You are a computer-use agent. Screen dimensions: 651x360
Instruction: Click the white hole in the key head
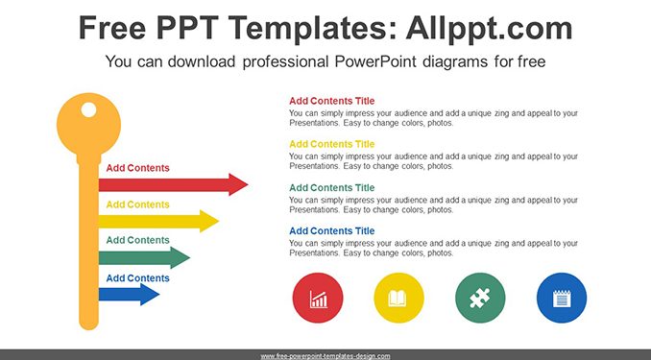pyautogui.click(x=88, y=109)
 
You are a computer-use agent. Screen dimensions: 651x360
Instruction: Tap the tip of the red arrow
pyautogui.click(x=248, y=184)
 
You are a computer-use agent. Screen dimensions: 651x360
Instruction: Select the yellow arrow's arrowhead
pyautogui.click(x=208, y=221)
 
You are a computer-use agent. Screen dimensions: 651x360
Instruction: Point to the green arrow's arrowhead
pyautogui.click(x=180, y=257)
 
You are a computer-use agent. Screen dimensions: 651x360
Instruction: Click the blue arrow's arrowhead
pyautogui.click(x=150, y=295)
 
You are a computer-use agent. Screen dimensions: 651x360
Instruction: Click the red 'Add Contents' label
pyautogui.click(x=138, y=168)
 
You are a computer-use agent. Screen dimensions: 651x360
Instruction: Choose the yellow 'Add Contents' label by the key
pyautogui.click(x=138, y=204)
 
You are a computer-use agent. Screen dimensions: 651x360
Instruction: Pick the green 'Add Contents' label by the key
pyautogui.click(x=138, y=240)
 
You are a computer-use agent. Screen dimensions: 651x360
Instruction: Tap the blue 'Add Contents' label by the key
pyautogui.click(x=138, y=277)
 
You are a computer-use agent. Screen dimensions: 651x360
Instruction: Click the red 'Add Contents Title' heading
pyautogui.click(x=331, y=101)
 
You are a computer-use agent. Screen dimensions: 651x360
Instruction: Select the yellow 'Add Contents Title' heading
pyautogui.click(x=331, y=144)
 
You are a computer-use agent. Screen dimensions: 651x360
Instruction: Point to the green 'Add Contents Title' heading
pyautogui.click(x=331, y=188)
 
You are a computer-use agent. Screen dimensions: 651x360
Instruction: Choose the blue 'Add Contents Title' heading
pyautogui.click(x=331, y=230)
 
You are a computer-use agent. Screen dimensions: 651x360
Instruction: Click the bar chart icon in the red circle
pyautogui.click(x=318, y=299)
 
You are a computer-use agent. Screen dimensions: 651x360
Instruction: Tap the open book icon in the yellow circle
pyautogui.click(x=398, y=299)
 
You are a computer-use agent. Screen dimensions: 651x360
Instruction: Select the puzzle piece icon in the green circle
pyautogui.click(x=480, y=299)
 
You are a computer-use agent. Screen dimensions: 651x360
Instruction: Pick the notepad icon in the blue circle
pyautogui.click(x=562, y=299)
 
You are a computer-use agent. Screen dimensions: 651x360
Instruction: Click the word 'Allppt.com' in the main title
pyautogui.click(x=489, y=28)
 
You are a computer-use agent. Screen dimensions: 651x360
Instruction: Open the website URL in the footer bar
pyautogui.click(x=325, y=356)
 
